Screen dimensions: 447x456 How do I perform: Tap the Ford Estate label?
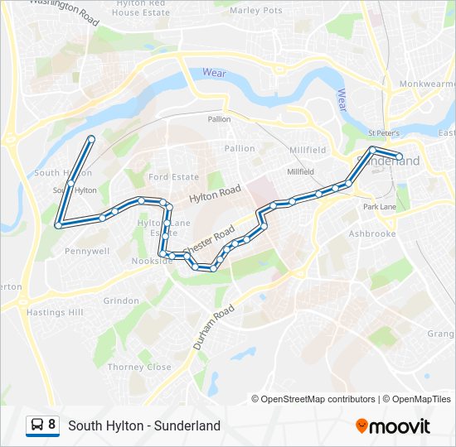[174, 177]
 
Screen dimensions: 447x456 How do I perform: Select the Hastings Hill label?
[55, 313]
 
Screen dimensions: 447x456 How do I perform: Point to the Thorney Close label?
[139, 367]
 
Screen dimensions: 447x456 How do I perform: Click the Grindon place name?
[121, 300]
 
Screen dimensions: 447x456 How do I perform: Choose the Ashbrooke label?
[372, 234]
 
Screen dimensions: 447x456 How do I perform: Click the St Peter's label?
[384, 133]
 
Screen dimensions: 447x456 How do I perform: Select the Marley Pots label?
[255, 11]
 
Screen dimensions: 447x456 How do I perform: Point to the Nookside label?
[152, 261]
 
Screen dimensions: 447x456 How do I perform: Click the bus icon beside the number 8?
[37, 425]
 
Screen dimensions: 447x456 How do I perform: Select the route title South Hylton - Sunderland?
[144, 425]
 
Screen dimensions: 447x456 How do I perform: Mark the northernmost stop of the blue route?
[91, 138]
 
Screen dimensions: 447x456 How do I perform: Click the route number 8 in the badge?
[52, 425]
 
